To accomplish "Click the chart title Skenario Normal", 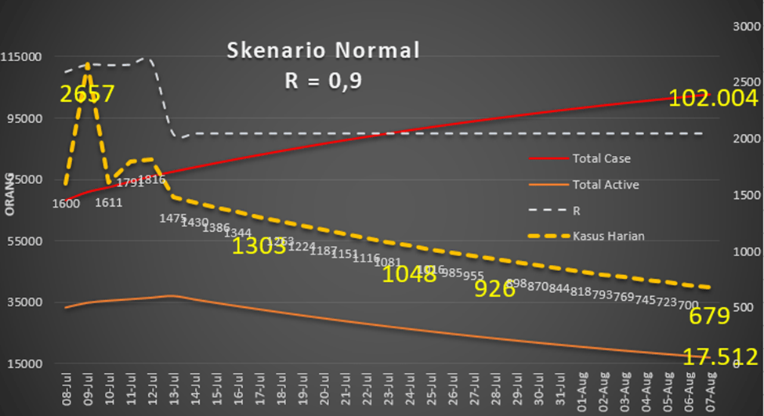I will [x=323, y=51].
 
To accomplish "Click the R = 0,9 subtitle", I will [x=323, y=81].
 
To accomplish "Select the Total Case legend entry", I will [x=601, y=158].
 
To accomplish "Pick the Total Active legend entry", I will [x=605, y=185].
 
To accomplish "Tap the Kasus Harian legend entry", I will [x=608, y=236].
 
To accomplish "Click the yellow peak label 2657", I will [x=88, y=94].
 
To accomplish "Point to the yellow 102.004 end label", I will [x=713, y=98].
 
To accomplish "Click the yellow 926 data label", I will [x=495, y=288].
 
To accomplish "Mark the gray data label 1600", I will [x=66, y=204].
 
